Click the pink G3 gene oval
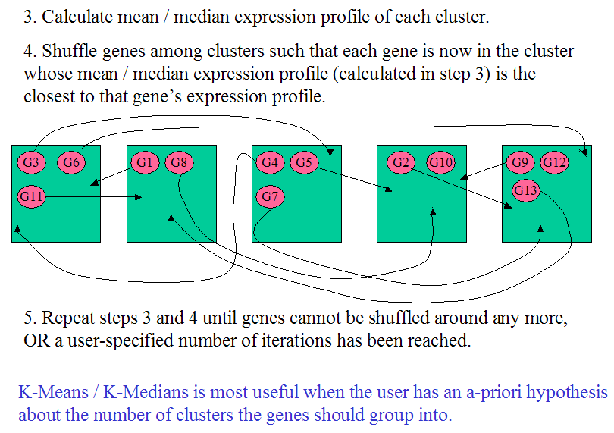[x=31, y=162]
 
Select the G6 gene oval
[x=71, y=162]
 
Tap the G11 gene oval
[x=31, y=196]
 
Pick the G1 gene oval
[x=146, y=162]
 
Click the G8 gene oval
[x=179, y=162]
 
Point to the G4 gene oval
[x=270, y=162]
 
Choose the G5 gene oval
[x=305, y=162]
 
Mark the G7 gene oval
[x=271, y=196]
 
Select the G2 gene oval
[x=401, y=162]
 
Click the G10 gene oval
[x=441, y=162]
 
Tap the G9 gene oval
[x=520, y=162]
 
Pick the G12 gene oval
[x=555, y=162]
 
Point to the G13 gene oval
[x=525, y=190]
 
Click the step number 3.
[x=28, y=16]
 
